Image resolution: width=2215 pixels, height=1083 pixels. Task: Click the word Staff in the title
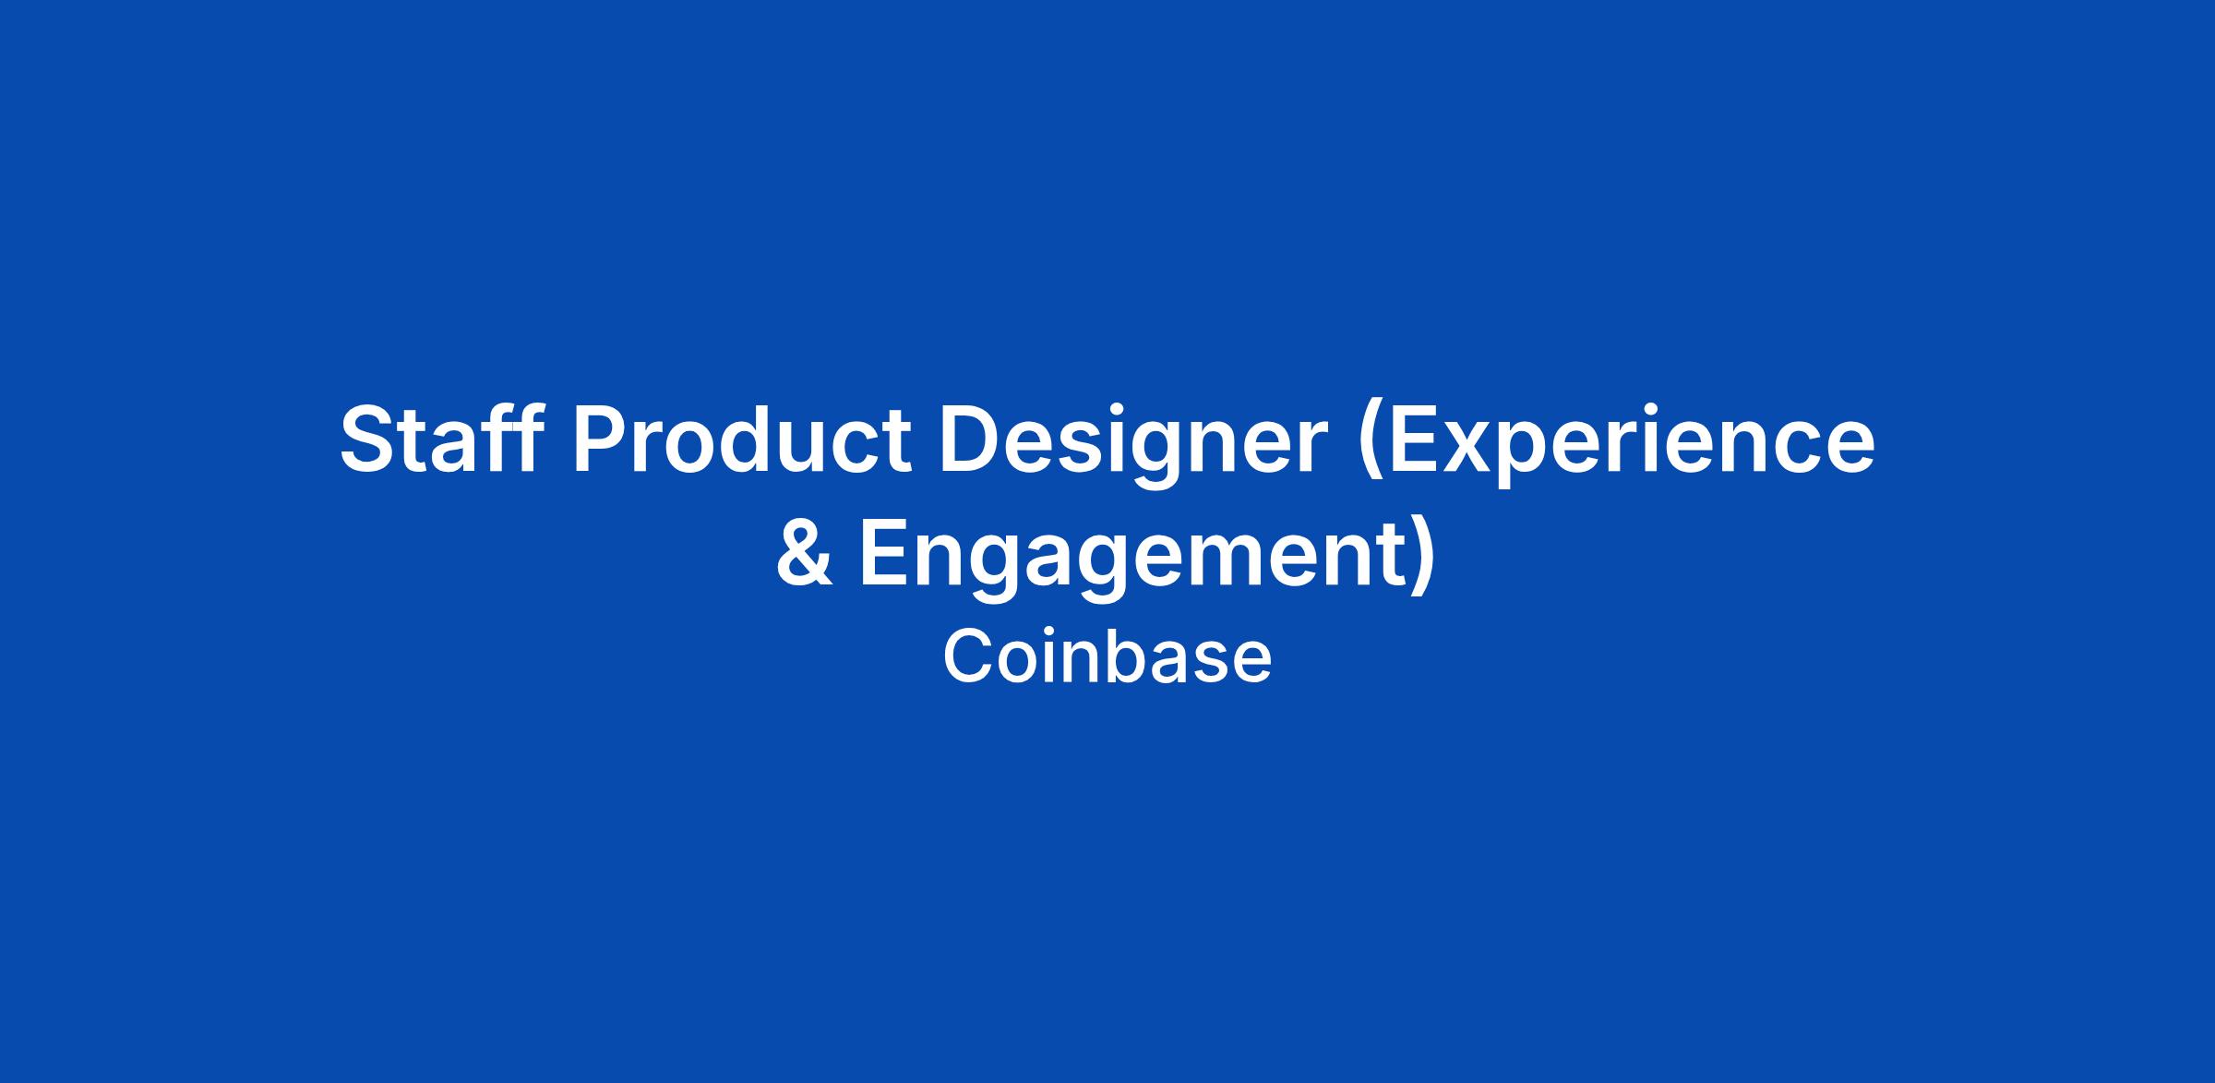click(441, 439)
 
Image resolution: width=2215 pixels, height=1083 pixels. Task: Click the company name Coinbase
click(1107, 656)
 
